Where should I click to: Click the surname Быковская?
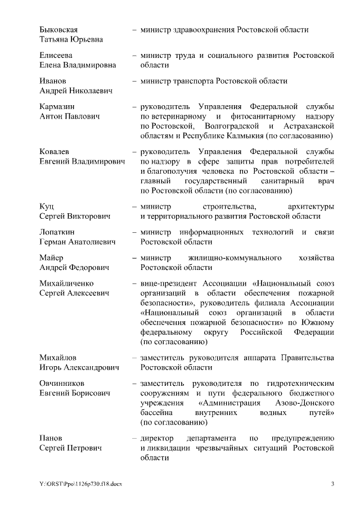tap(58, 29)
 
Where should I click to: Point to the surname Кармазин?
tap(57, 106)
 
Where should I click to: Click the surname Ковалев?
tap(55, 152)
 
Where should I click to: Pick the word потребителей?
tap(309, 163)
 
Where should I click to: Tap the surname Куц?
tap(46, 206)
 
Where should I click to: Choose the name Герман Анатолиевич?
tap(78, 242)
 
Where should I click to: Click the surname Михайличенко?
tap(66, 283)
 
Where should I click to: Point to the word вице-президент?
tap(166, 283)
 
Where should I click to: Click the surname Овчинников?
tap(61, 383)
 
